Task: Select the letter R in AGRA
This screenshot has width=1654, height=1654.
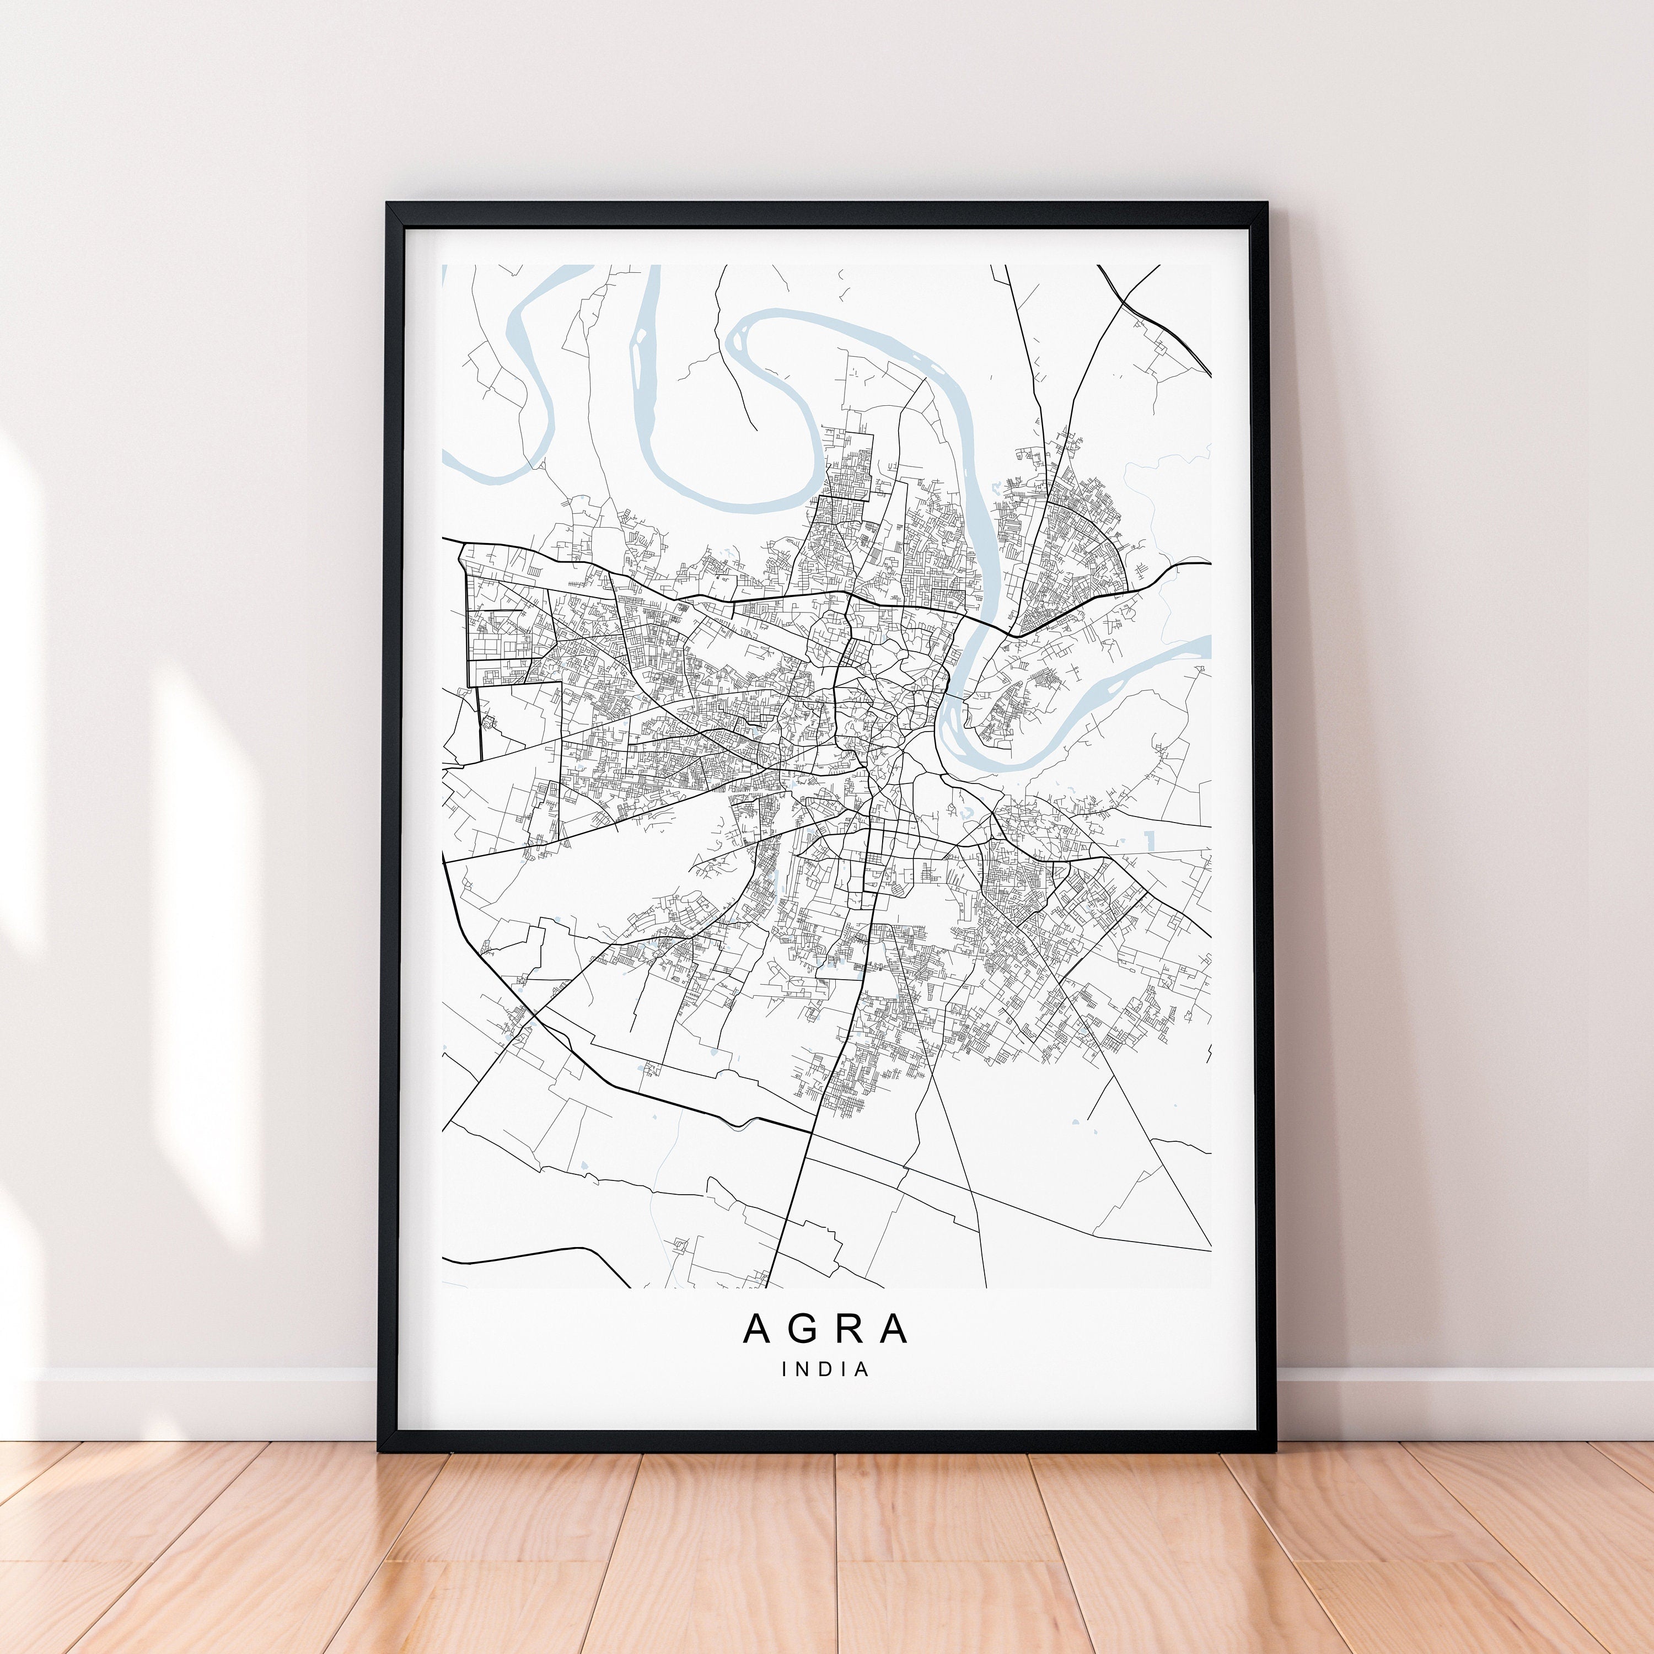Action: [x=850, y=1329]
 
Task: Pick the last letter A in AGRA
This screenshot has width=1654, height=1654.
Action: [x=895, y=1329]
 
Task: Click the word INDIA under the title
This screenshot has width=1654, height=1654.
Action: [x=826, y=1369]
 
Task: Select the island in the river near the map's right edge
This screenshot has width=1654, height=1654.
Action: [x=1113, y=685]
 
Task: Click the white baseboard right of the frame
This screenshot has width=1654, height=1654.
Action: [x=1456, y=1404]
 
